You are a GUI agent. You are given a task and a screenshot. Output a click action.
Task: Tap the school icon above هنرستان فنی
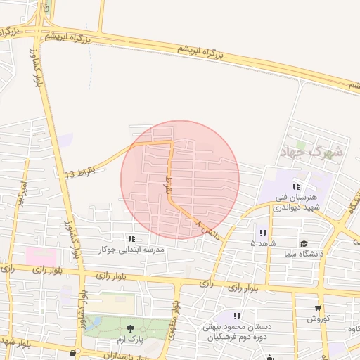pyautogui.click(x=297, y=186)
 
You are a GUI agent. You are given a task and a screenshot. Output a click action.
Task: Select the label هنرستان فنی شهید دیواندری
pyautogui.click(x=297, y=202)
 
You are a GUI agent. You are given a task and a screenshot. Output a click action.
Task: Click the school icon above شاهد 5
pyautogui.click(x=263, y=233)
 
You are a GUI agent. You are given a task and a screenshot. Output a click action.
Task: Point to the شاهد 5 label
pyautogui.click(x=263, y=243)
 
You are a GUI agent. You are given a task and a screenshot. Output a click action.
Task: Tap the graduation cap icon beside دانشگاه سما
pyautogui.click(x=303, y=243)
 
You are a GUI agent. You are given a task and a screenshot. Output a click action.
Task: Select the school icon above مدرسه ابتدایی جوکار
pyautogui.click(x=131, y=239)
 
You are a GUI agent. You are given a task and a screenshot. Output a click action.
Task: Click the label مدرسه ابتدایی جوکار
pyautogui.click(x=131, y=250)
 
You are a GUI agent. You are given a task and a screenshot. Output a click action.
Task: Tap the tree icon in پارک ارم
pyautogui.click(x=130, y=328)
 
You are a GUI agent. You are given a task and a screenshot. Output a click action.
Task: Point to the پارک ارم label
pyautogui.click(x=129, y=339)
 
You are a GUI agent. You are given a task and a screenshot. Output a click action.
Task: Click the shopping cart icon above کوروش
pyautogui.click(x=318, y=307)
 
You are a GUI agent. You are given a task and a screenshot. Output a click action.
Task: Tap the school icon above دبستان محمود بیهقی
pyautogui.click(x=237, y=316)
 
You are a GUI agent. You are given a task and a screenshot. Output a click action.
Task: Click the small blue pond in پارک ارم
pyautogui.click(x=93, y=324)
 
